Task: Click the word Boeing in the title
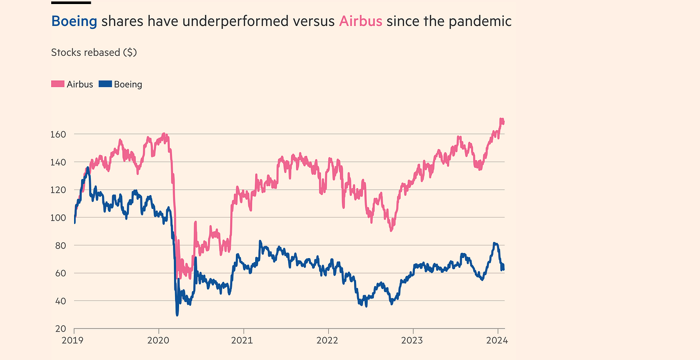point(74,21)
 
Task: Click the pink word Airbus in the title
point(360,21)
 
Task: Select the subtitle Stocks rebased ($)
point(94,52)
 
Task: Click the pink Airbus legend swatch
point(58,84)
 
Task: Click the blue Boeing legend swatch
point(104,84)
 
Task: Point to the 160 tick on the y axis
point(59,134)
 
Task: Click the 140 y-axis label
point(59,162)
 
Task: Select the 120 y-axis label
point(59,190)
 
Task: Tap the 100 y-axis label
point(59,218)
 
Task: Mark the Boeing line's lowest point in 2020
point(177,315)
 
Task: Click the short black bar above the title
point(71,2)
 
